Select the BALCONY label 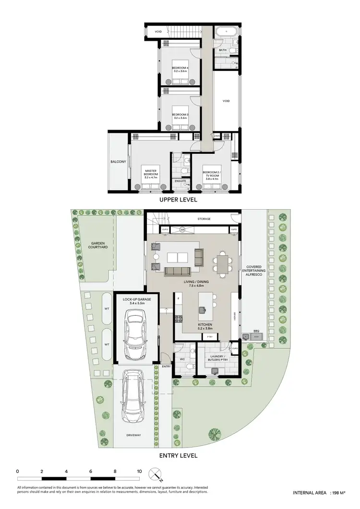coord(118,162)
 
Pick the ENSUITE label coord(180,181)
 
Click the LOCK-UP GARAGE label coord(137,301)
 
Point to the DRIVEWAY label coord(134,435)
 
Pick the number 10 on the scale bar coord(139,472)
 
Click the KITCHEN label coord(205,325)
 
